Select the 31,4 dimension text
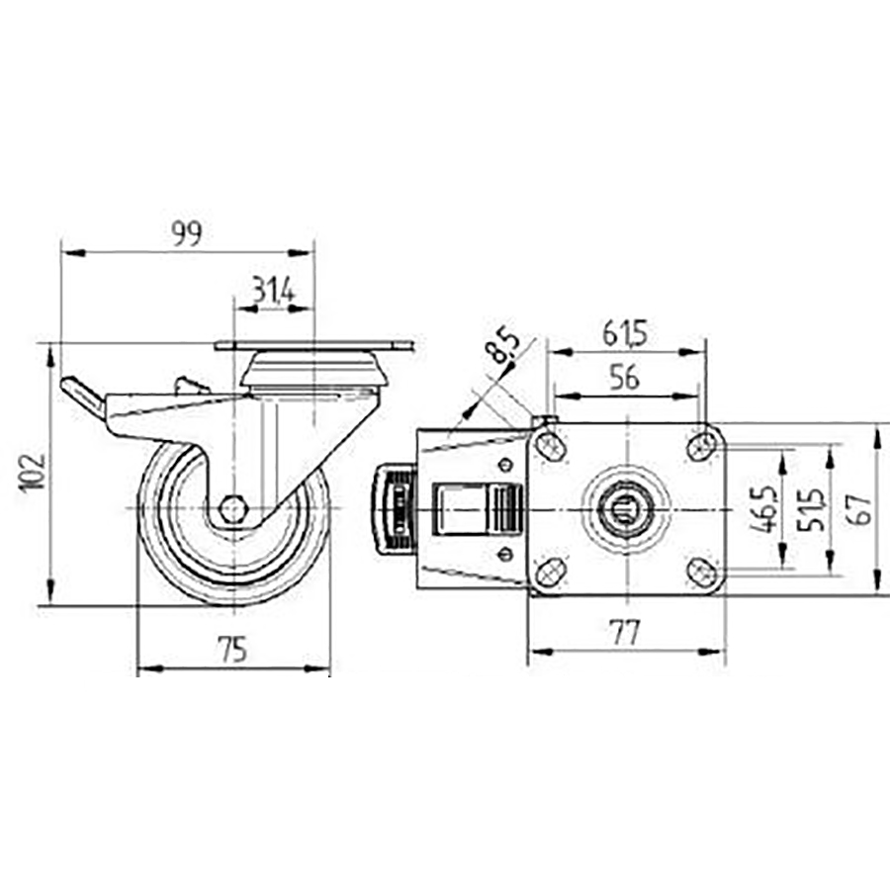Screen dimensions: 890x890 (272, 290)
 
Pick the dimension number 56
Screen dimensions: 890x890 (625, 378)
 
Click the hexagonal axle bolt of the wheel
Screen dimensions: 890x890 (232, 508)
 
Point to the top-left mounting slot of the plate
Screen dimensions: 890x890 (550, 447)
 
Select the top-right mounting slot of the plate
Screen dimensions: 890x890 (703, 444)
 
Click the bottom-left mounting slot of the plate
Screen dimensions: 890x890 (550, 571)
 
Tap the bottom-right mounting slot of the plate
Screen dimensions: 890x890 (703, 571)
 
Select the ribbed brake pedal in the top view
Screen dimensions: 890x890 (394, 508)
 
